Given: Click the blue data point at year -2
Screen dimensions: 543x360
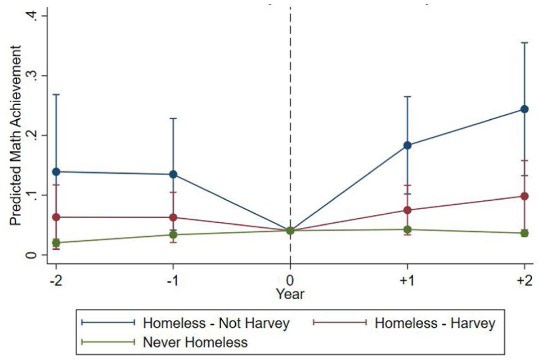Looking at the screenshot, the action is click(56, 172).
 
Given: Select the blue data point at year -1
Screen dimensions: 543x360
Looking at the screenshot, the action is click(173, 174).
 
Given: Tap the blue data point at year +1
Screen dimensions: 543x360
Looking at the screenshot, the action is click(407, 145).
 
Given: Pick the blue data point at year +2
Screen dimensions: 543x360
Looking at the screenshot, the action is click(524, 109).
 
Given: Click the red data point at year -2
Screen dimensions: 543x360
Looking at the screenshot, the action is click(56, 217).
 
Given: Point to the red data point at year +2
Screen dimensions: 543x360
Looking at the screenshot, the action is click(524, 196).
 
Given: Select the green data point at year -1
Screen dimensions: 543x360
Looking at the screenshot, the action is click(173, 235).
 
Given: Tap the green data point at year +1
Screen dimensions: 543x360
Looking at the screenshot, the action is click(407, 229).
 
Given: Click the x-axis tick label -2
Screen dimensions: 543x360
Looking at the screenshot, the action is click(56, 281).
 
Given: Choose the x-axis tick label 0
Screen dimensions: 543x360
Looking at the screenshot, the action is click(290, 281).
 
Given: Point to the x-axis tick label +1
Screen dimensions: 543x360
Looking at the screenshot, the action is click(407, 281).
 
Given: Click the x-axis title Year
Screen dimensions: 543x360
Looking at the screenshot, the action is click(290, 294).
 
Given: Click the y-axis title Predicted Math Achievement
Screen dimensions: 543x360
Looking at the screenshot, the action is click(16, 136).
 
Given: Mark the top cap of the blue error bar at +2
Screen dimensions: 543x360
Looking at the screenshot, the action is click(524, 43).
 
